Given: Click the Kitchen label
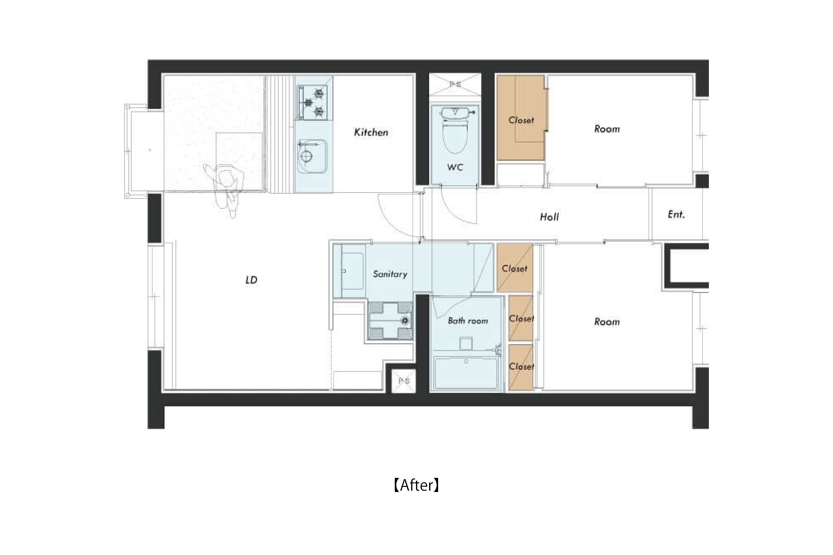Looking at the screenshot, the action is coord(371,132).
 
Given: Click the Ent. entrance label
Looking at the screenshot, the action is coord(676,215).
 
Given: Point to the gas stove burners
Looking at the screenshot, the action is coord(313,103).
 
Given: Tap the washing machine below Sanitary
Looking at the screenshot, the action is coord(390,320).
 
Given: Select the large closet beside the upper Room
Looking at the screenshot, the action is coord(521,118).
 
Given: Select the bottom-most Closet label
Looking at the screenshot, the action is coord(521,366).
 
